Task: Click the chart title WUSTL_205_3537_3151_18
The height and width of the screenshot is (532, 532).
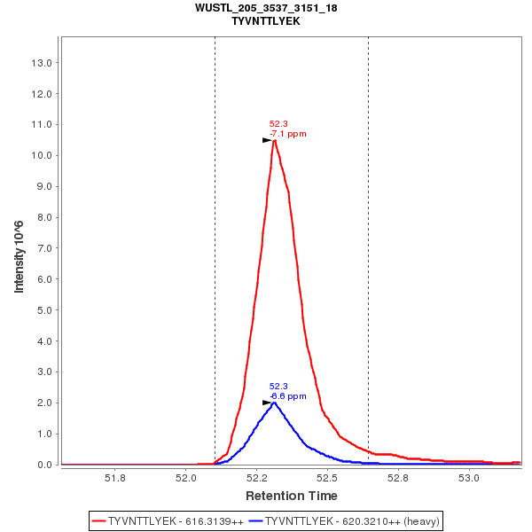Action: point(266,8)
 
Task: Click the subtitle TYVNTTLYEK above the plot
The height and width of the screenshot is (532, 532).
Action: point(266,20)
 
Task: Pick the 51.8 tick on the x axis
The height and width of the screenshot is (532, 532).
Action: point(115,479)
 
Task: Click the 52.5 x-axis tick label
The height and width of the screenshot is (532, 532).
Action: point(328,479)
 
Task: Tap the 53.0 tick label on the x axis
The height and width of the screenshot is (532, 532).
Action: point(469,479)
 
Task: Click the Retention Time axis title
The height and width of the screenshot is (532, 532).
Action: point(291,496)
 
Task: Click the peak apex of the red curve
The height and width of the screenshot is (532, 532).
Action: point(275,140)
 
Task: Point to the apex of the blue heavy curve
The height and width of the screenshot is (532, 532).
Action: point(274,403)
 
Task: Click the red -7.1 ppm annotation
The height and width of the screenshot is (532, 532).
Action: point(288,134)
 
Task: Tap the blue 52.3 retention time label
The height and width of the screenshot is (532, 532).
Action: point(278,387)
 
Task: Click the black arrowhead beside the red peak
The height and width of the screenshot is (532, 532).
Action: point(267,140)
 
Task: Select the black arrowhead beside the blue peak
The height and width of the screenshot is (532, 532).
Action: point(267,403)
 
